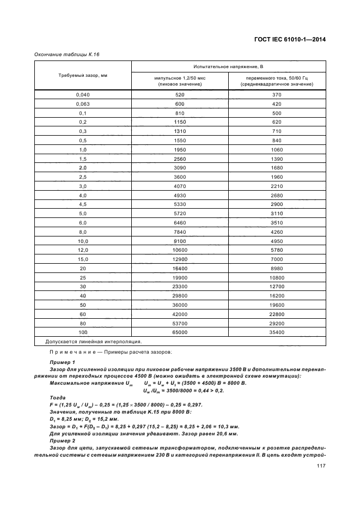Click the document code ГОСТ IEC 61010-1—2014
pyautogui.click(x=286, y=39)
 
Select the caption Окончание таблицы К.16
pyautogui.click(x=67, y=54)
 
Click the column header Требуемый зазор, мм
pyautogui.click(x=83, y=75)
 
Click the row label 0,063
pyautogui.click(x=83, y=104)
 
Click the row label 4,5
pyautogui.click(x=83, y=204)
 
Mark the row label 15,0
pyautogui.click(x=83, y=259)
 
